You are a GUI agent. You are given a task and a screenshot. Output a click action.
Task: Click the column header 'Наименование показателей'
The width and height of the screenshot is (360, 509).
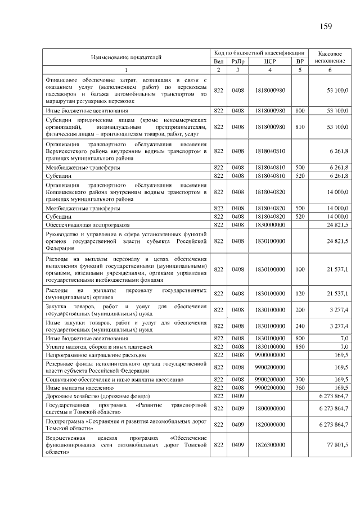tap(126, 57)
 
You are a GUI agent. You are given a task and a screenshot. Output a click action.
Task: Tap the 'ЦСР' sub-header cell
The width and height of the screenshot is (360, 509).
tap(269, 61)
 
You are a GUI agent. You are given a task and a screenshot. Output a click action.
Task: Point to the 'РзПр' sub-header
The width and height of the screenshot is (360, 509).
tap(238, 61)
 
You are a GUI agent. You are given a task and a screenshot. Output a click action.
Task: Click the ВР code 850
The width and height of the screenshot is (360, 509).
tap(300, 347)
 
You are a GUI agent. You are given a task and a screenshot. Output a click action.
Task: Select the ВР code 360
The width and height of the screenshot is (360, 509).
tap(300, 388)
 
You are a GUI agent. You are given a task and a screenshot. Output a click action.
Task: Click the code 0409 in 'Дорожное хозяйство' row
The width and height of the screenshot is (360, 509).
tap(238, 397)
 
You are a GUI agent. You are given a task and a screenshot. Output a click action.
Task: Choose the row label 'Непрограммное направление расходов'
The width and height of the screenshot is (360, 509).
tap(89, 355)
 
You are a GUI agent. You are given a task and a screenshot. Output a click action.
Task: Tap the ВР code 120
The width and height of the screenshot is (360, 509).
tap(300, 293)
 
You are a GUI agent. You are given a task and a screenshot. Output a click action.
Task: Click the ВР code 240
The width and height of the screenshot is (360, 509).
tap(300, 326)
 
